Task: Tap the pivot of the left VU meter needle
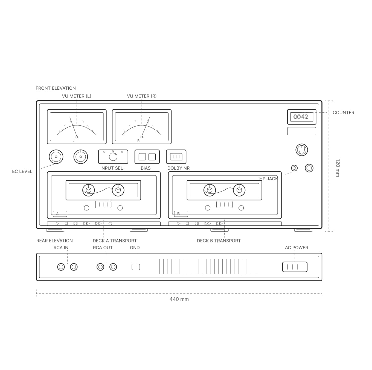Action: click(x=77, y=137)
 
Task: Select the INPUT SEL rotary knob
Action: click(x=113, y=157)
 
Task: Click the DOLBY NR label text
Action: click(x=178, y=168)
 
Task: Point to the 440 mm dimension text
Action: click(x=179, y=299)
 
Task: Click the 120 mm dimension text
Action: click(x=338, y=168)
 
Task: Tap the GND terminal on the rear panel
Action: click(x=136, y=267)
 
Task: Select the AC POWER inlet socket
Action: click(x=295, y=267)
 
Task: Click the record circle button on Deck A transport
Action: click(x=110, y=224)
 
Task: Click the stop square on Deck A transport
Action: click(x=66, y=224)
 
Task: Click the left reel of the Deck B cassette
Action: click(x=210, y=190)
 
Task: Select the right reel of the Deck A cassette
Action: click(x=118, y=190)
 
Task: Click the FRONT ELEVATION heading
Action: click(x=56, y=88)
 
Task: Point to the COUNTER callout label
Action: click(x=343, y=113)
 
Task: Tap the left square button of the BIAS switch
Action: click(x=142, y=157)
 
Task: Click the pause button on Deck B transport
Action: click(x=197, y=224)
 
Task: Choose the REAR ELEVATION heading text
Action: click(x=54, y=241)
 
